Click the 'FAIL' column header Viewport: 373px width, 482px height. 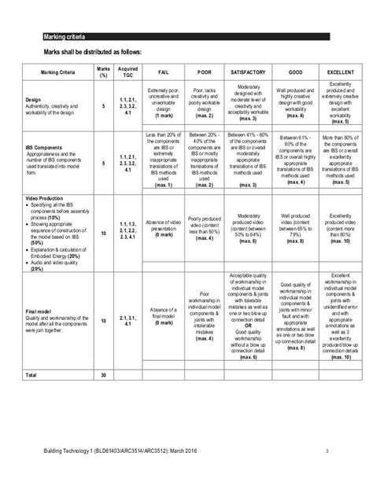coord(163,72)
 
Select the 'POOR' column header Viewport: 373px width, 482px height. coord(204,72)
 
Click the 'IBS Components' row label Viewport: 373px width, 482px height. coord(44,146)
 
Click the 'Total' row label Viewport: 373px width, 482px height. coord(34,354)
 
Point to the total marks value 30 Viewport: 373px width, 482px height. coord(102,354)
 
